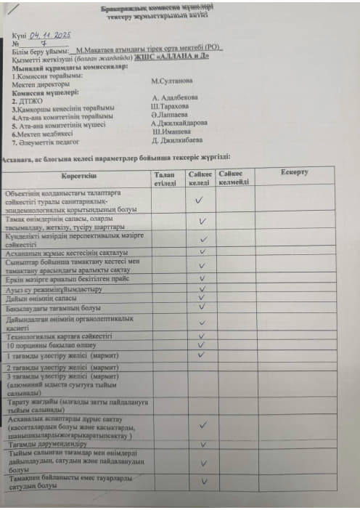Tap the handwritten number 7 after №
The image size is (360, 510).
click(44, 44)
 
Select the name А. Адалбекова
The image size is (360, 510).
click(174, 97)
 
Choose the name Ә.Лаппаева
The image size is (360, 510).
click(169, 114)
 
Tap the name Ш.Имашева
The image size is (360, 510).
click(171, 131)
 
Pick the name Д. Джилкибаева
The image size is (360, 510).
click(176, 140)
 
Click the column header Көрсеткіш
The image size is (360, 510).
click(78, 175)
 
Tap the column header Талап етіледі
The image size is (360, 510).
click(165, 177)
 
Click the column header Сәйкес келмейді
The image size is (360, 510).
click(234, 177)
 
